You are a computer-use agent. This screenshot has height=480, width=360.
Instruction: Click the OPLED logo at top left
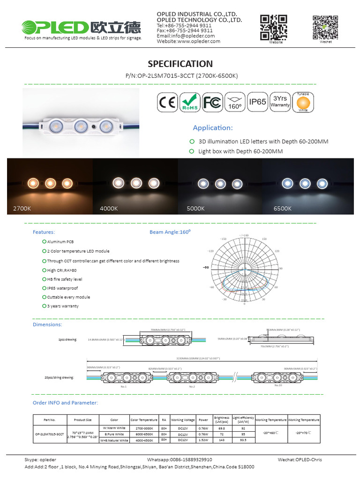(x=82, y=27)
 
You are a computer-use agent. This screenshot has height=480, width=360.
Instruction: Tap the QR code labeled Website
(x=273, y=27)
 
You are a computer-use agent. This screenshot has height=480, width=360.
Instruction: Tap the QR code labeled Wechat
(x=325, y=27)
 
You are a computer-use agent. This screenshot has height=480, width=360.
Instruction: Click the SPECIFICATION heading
(x=180, y=64)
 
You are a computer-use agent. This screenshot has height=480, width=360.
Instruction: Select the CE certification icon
(x=166, y=102)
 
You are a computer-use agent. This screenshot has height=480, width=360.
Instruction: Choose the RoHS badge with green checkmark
(x=189, y=102)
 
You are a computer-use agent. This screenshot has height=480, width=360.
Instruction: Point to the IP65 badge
(x=257, y=102)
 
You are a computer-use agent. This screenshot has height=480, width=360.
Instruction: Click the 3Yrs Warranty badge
(x=280, y=102)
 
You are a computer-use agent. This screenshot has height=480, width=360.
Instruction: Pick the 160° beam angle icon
(x=235, y=102)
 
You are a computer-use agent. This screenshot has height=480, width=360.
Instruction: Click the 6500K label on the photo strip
(x=283, y=208)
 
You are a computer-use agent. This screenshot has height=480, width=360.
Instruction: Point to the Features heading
(x=44, y=232)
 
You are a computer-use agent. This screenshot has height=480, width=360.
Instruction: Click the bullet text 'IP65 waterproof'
(x=62, y=288)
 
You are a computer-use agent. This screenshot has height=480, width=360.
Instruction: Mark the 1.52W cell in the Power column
(x=203, y=440)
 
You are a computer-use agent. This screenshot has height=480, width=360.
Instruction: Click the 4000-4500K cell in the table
(x=144, y=440)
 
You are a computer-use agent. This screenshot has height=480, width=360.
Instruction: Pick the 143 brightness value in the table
(x=222, y=440)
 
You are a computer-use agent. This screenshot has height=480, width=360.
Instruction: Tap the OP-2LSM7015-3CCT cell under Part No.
(x=49, y=434)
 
